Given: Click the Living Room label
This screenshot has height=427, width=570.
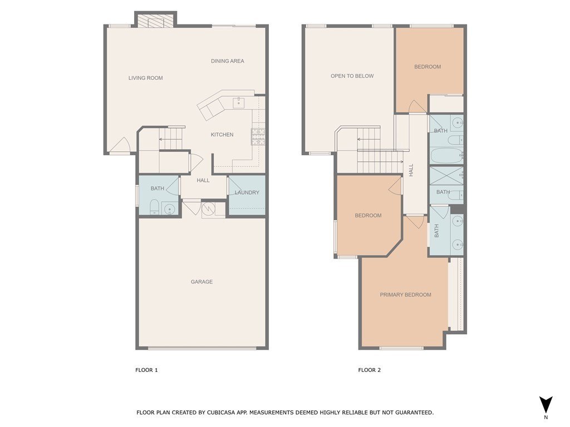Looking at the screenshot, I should tap(145, 78).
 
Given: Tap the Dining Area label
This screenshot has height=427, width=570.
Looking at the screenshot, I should tap(227, 61).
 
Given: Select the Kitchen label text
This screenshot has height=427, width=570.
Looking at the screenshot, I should tap(222, 135).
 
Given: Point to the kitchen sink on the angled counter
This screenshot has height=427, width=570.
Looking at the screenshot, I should tap(238, 102).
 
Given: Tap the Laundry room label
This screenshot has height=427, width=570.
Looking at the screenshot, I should tap(247, 192).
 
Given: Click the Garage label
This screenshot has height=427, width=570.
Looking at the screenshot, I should tap(202, 282).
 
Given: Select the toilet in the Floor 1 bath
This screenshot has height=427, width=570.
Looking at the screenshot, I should tap(154, 207).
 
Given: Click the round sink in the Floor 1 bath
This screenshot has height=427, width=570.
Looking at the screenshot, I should tap(169, 209).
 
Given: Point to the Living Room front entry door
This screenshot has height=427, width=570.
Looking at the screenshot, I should tap(119, 146).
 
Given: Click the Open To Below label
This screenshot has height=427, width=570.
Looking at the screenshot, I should tap(352, 76).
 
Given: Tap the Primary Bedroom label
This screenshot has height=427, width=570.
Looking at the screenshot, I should tap(405, 295).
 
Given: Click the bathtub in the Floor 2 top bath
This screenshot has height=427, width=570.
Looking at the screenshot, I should tap(446, 155).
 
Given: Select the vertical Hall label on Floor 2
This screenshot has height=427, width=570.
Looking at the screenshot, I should tap(411, 170).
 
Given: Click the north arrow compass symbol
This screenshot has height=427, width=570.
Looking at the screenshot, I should tap(546, 404).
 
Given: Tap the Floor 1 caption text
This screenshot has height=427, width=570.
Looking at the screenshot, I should tap(147, 370).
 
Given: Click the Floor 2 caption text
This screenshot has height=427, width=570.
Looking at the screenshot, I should tap(370, 370).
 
